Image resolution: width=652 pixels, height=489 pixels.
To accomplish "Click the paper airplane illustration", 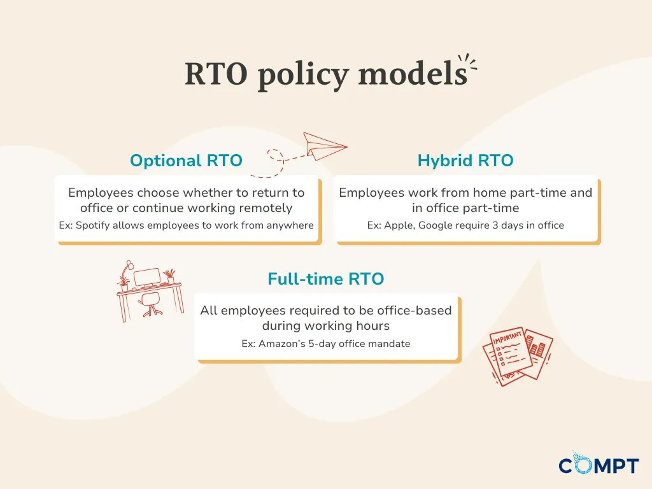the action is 325,146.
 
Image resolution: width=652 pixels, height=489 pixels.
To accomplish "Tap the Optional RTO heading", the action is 187,160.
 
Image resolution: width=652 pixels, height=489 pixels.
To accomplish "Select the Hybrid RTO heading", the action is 465,160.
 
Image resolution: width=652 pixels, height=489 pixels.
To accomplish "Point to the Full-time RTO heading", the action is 326,279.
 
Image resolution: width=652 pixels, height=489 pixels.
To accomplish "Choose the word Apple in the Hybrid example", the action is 399,225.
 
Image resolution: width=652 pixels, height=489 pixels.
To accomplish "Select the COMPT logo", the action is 599,464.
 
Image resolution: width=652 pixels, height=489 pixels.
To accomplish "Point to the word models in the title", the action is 413,74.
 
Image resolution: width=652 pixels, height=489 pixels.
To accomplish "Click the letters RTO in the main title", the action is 216,74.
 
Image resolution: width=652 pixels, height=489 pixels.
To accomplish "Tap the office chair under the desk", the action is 150,304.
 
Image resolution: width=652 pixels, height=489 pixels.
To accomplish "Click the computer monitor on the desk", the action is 147,278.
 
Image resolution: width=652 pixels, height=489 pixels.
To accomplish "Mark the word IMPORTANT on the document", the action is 507,337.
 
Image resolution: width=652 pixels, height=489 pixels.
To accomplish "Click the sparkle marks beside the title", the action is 468,62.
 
